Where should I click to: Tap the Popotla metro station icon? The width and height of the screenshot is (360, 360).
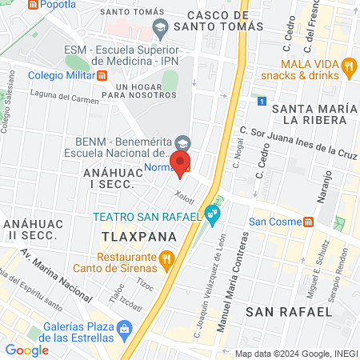pyautogui.click(x=32, y=5)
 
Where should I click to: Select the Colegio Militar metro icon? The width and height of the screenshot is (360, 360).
pyautogui.click(x=102, y=76)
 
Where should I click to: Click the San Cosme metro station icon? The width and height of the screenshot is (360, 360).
pyautogui.click(x=308, y=222)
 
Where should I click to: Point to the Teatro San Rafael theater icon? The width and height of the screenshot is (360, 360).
pyautogui.click(x=211, y=214)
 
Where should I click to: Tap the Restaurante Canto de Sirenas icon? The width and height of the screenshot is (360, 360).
pyautogui.click(x=166, y=258)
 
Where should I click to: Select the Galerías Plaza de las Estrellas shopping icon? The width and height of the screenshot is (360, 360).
pyautogui.click(x=124, y=328)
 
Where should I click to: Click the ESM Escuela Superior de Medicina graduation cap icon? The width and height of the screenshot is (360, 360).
pyautogui.click(x=160, y=27)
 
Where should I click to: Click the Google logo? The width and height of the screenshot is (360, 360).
pyautogui.click(x=26, y=350)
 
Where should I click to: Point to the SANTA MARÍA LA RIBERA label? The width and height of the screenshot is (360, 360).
pyautogui.click(x=313, y=114)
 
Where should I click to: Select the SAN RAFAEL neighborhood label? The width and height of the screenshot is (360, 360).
pyautogui.click(x=286, y=310)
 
